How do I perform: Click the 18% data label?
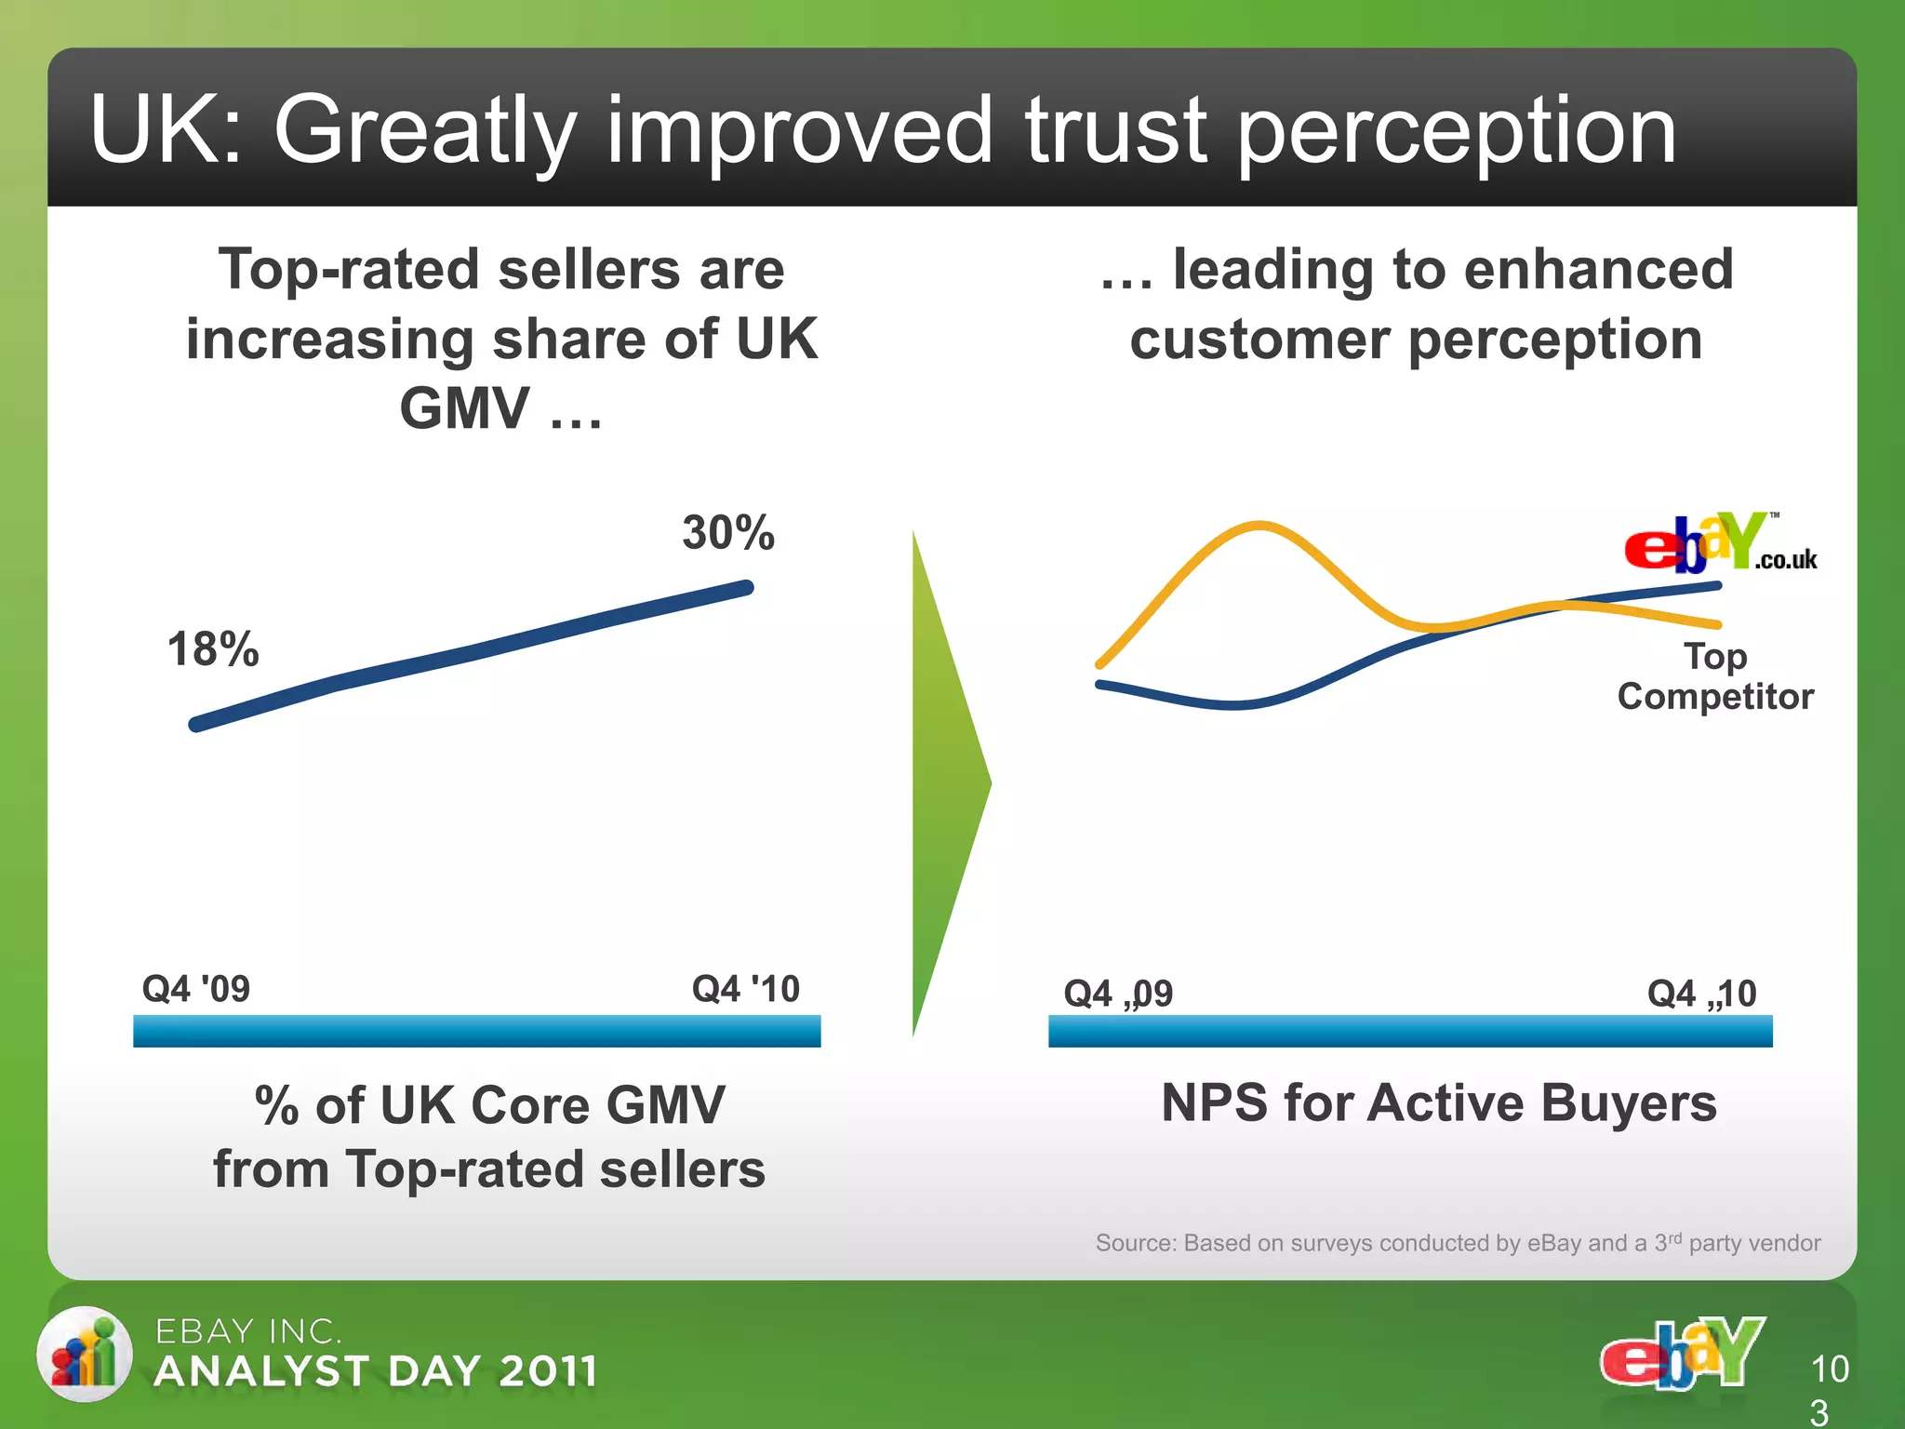click(213, 648)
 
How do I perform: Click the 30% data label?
click(728, 532)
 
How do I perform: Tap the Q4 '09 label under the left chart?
click(196, 988)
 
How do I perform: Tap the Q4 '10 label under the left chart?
click(746, 988)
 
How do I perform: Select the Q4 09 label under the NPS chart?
click(1118, 994)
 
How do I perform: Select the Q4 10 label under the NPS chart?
click(1701, 994)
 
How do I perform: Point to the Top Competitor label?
click(1715, 676)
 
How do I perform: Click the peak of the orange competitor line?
click(1259, 526)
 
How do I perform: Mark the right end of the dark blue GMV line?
click(746, 588)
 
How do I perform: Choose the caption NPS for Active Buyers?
click(1439, 1102)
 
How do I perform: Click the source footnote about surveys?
click(1458, 1243)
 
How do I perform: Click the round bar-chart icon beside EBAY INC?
click(85, 1354)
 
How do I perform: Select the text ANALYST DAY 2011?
click(376, 1371)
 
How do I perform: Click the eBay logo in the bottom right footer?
click(1682, 1353)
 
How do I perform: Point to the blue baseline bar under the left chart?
click(476, 1031)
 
